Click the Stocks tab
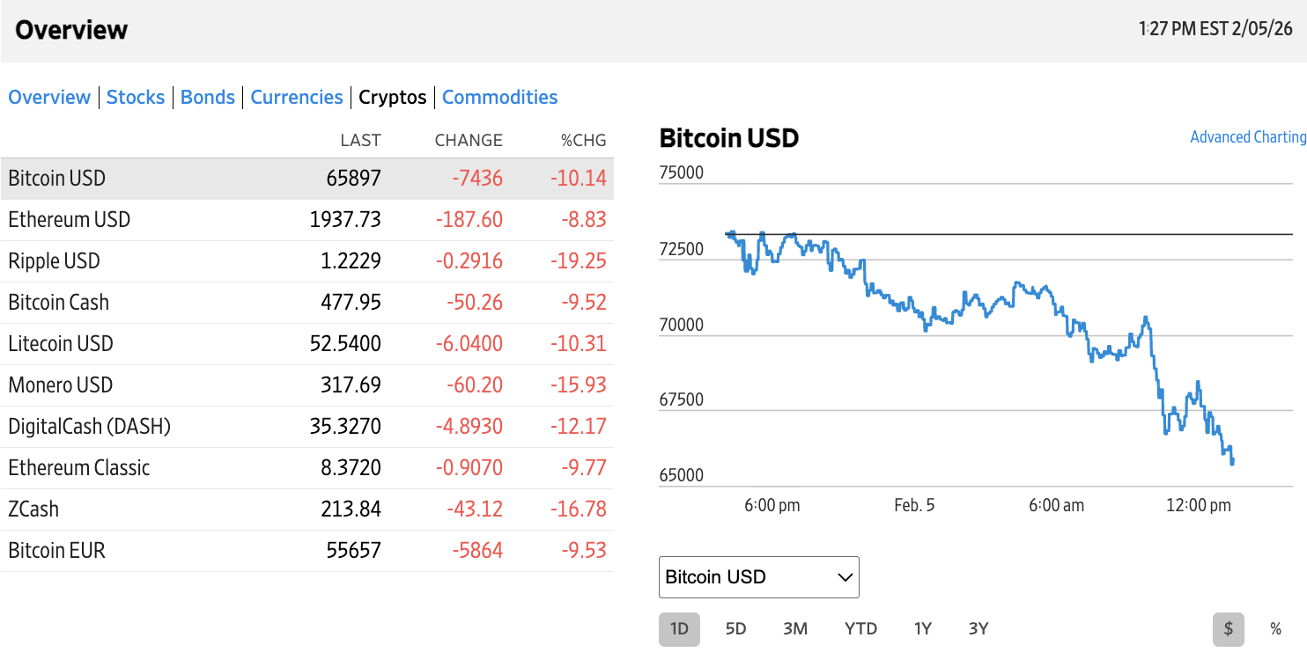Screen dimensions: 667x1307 (136, 98)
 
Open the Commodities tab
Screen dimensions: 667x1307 (499, 98)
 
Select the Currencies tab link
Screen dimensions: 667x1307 (297, 98)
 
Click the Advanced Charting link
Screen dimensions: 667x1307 (1247, 137)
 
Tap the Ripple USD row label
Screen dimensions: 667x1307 (54, 261)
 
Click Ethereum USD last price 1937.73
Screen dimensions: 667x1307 (345, 220)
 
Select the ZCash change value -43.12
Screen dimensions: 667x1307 (476, 509)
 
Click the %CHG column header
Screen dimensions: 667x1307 (584, 141)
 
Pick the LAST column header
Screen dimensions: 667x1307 (360, 141)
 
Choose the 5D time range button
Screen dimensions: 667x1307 (735, 629)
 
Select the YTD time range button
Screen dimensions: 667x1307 (860, 629)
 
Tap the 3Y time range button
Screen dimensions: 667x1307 (978, 629)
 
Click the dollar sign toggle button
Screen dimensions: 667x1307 (1228, 629)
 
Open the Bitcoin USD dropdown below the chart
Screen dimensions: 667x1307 (758, 577)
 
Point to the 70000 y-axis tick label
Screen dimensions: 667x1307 (681, 325)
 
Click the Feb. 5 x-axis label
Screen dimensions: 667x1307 (914, 506)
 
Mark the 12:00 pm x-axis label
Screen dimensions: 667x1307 (1198, 506)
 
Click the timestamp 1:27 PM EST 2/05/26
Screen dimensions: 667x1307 (1215, 29)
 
